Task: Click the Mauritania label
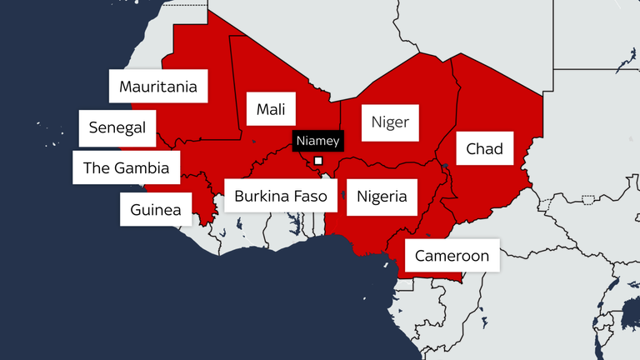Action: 158,87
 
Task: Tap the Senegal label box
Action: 117,127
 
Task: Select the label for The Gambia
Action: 126,168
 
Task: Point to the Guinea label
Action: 156,209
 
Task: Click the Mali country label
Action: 271,109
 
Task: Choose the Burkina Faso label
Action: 281,197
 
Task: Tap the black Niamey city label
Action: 317,141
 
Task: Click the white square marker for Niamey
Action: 317,161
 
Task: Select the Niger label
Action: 390,122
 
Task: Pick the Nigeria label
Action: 382,197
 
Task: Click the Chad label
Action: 484,149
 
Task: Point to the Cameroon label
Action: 452,256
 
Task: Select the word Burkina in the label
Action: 262,197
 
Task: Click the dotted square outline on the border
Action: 589,199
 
